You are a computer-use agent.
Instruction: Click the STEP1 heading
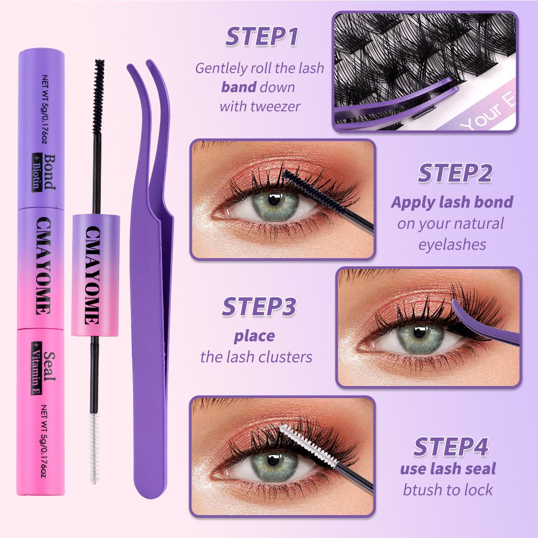point(261,37)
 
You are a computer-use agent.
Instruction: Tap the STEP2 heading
point(455,174)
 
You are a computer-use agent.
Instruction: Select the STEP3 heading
point(259,307)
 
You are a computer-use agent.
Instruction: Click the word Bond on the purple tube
point(49,172)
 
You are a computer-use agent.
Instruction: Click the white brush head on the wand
point(93,448)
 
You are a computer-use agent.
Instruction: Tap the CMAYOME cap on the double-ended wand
point(95,275)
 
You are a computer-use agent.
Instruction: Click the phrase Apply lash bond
point(452,202)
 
